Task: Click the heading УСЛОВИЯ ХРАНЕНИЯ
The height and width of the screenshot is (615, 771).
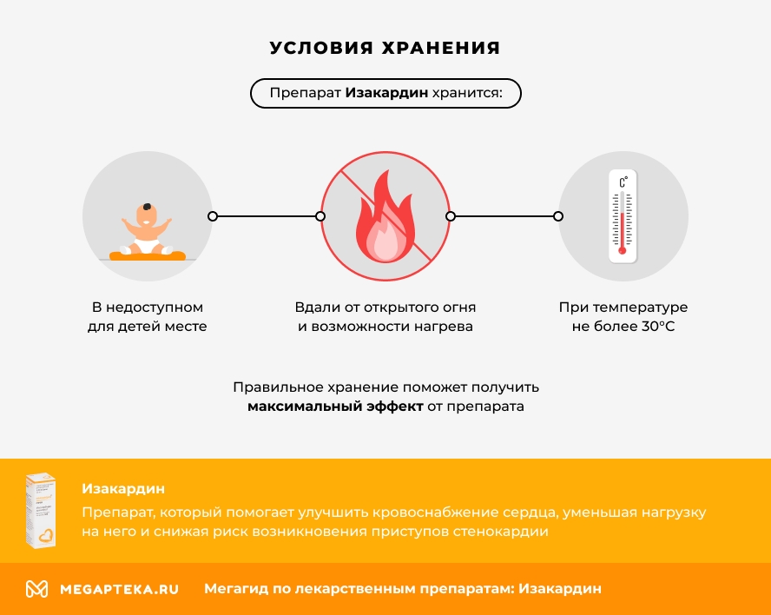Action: (385, 48)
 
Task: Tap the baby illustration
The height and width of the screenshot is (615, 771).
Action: (147, 228)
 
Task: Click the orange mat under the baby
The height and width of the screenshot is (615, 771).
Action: (148, 255)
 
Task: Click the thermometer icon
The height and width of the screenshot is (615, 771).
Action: (623, 216)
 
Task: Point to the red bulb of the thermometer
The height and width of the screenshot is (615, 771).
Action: (623, 251)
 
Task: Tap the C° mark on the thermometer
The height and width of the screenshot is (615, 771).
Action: (623, 182)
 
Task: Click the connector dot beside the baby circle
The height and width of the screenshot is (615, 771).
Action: (213, 216)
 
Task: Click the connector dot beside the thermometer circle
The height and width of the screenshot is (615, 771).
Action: (558, 216)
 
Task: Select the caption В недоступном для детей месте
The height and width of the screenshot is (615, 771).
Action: (148, 317)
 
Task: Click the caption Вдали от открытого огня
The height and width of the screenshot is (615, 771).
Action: (385, 307)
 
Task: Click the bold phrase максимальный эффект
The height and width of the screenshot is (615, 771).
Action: (334, 407)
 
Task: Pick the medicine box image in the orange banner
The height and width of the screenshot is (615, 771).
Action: (41, 511)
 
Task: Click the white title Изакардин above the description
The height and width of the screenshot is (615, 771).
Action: (122, 489)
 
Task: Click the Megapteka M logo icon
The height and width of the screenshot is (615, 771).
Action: (36, 589)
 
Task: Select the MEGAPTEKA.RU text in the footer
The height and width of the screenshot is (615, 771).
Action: (119, 589)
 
